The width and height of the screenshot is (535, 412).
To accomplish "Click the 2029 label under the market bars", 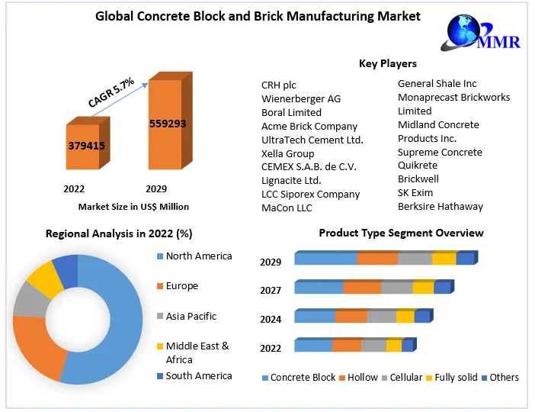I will click(155, 188).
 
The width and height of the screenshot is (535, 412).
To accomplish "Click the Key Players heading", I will click(388, 63).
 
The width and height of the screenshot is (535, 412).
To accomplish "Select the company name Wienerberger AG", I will click(301, 98).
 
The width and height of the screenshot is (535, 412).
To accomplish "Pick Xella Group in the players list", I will click(287, 153).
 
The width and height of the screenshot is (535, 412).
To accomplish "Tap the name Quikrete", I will click(418, 166).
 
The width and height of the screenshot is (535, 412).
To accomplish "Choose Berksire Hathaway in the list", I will click(440, 206).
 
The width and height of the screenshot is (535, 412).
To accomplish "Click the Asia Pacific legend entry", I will click(191, 316).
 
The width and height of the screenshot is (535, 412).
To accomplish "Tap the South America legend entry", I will click(198, 375).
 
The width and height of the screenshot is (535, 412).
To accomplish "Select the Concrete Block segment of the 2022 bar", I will click(313, 346).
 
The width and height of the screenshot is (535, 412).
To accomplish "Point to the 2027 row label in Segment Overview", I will click(271, 290).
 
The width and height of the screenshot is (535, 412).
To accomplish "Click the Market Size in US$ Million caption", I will click(133, 206).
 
